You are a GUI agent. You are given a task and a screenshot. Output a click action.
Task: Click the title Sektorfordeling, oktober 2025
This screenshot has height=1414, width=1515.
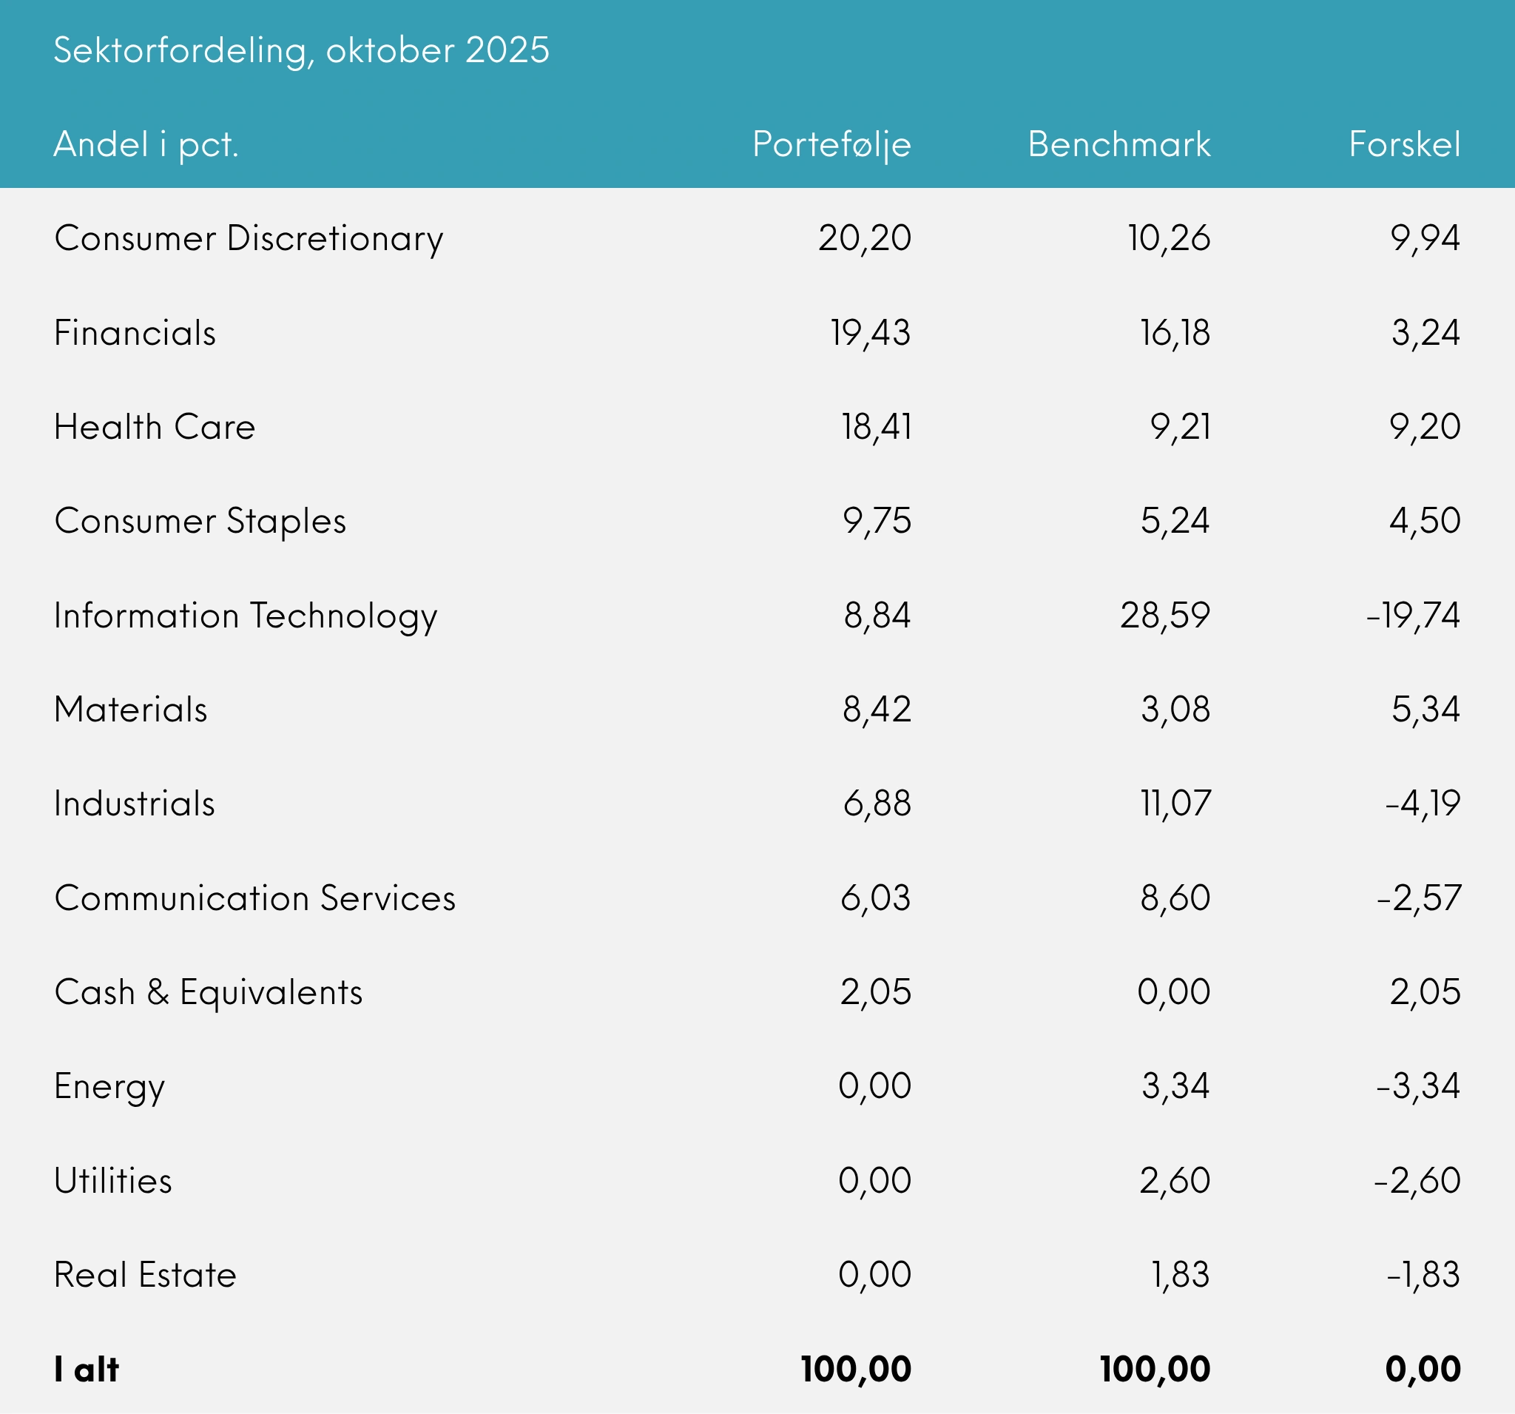pos(301,51)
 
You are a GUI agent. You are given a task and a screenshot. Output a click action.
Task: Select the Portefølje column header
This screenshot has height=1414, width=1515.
pos(831,145)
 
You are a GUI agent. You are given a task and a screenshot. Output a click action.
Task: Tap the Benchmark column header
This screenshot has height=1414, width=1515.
pos(1118,145)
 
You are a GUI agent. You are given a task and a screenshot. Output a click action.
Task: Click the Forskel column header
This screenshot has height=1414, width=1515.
pos(1405,145)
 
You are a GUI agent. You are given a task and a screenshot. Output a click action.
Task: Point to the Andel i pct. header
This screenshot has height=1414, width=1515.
pos(146,145)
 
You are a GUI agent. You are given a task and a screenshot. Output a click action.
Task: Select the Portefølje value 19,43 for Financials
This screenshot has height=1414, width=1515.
pos(870,333)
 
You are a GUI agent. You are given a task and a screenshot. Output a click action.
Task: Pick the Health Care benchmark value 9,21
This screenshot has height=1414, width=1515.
pos(1181,427)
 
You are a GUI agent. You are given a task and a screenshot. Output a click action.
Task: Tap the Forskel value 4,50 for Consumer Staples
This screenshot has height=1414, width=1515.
pos(1424,522)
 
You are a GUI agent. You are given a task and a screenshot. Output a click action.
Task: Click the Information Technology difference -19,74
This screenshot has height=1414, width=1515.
pos(1413,615)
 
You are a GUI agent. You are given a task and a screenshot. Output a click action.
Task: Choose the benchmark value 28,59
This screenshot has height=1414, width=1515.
pos(1165,615)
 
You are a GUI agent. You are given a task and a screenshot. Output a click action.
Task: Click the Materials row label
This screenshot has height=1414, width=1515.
pos(131,710)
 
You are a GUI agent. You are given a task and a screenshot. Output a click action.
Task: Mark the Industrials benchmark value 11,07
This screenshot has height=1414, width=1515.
pos(1175,804)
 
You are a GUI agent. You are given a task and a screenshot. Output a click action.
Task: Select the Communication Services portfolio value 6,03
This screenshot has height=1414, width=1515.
pos(876,898)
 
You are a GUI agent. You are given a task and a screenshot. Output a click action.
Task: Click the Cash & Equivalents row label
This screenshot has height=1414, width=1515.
pos(209,992)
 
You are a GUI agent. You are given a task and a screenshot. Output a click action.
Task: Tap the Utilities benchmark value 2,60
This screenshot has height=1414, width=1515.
pos(1175,1181)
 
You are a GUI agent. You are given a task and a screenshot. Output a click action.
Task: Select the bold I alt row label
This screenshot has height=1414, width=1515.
pos(87,1370)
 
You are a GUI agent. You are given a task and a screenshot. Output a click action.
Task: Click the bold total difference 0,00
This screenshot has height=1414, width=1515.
pos(1423,1370)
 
